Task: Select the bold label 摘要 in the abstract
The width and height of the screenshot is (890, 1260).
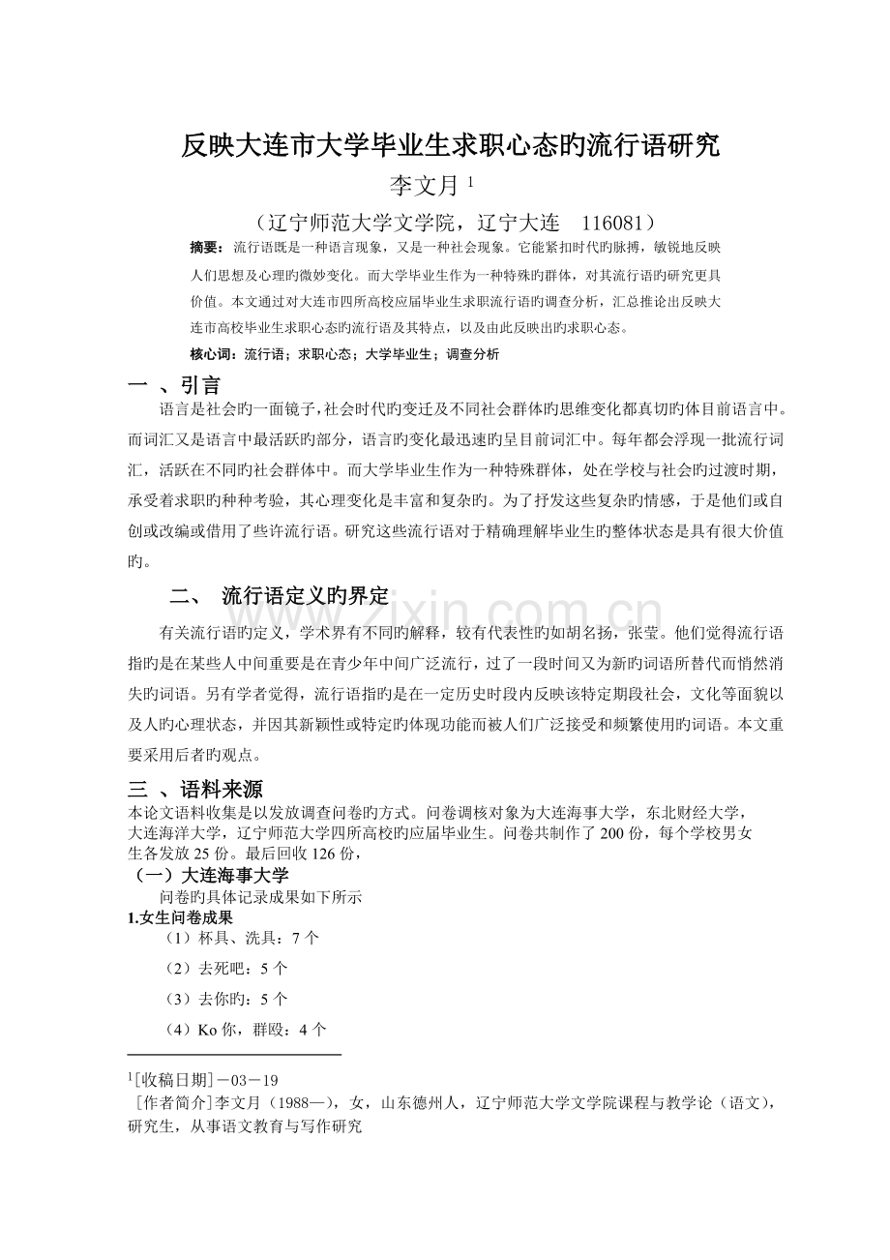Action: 206,249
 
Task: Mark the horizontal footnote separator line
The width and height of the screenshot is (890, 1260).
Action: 234,1055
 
